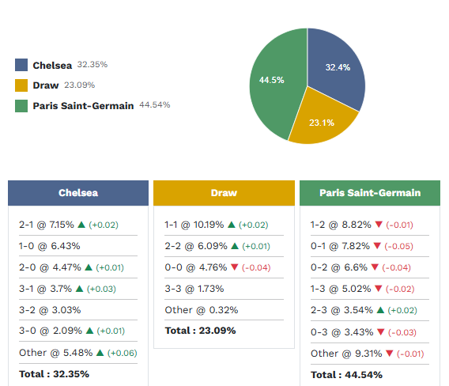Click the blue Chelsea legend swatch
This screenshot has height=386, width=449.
(21, 65)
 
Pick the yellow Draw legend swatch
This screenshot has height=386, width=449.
(21, 85)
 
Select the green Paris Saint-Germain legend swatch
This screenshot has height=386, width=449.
(21, 106)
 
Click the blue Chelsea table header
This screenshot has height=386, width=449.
(78, 193)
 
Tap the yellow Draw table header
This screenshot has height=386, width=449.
(224, 193)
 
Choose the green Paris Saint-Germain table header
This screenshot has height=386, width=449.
(370, 193)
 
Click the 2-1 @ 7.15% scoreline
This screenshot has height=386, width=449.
(47, 225)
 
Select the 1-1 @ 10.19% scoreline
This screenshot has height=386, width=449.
(194, 225)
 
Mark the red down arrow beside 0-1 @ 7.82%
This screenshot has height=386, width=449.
(376, 246)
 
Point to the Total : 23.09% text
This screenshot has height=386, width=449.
(200, 330)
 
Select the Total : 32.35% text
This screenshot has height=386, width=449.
(55, 373)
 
